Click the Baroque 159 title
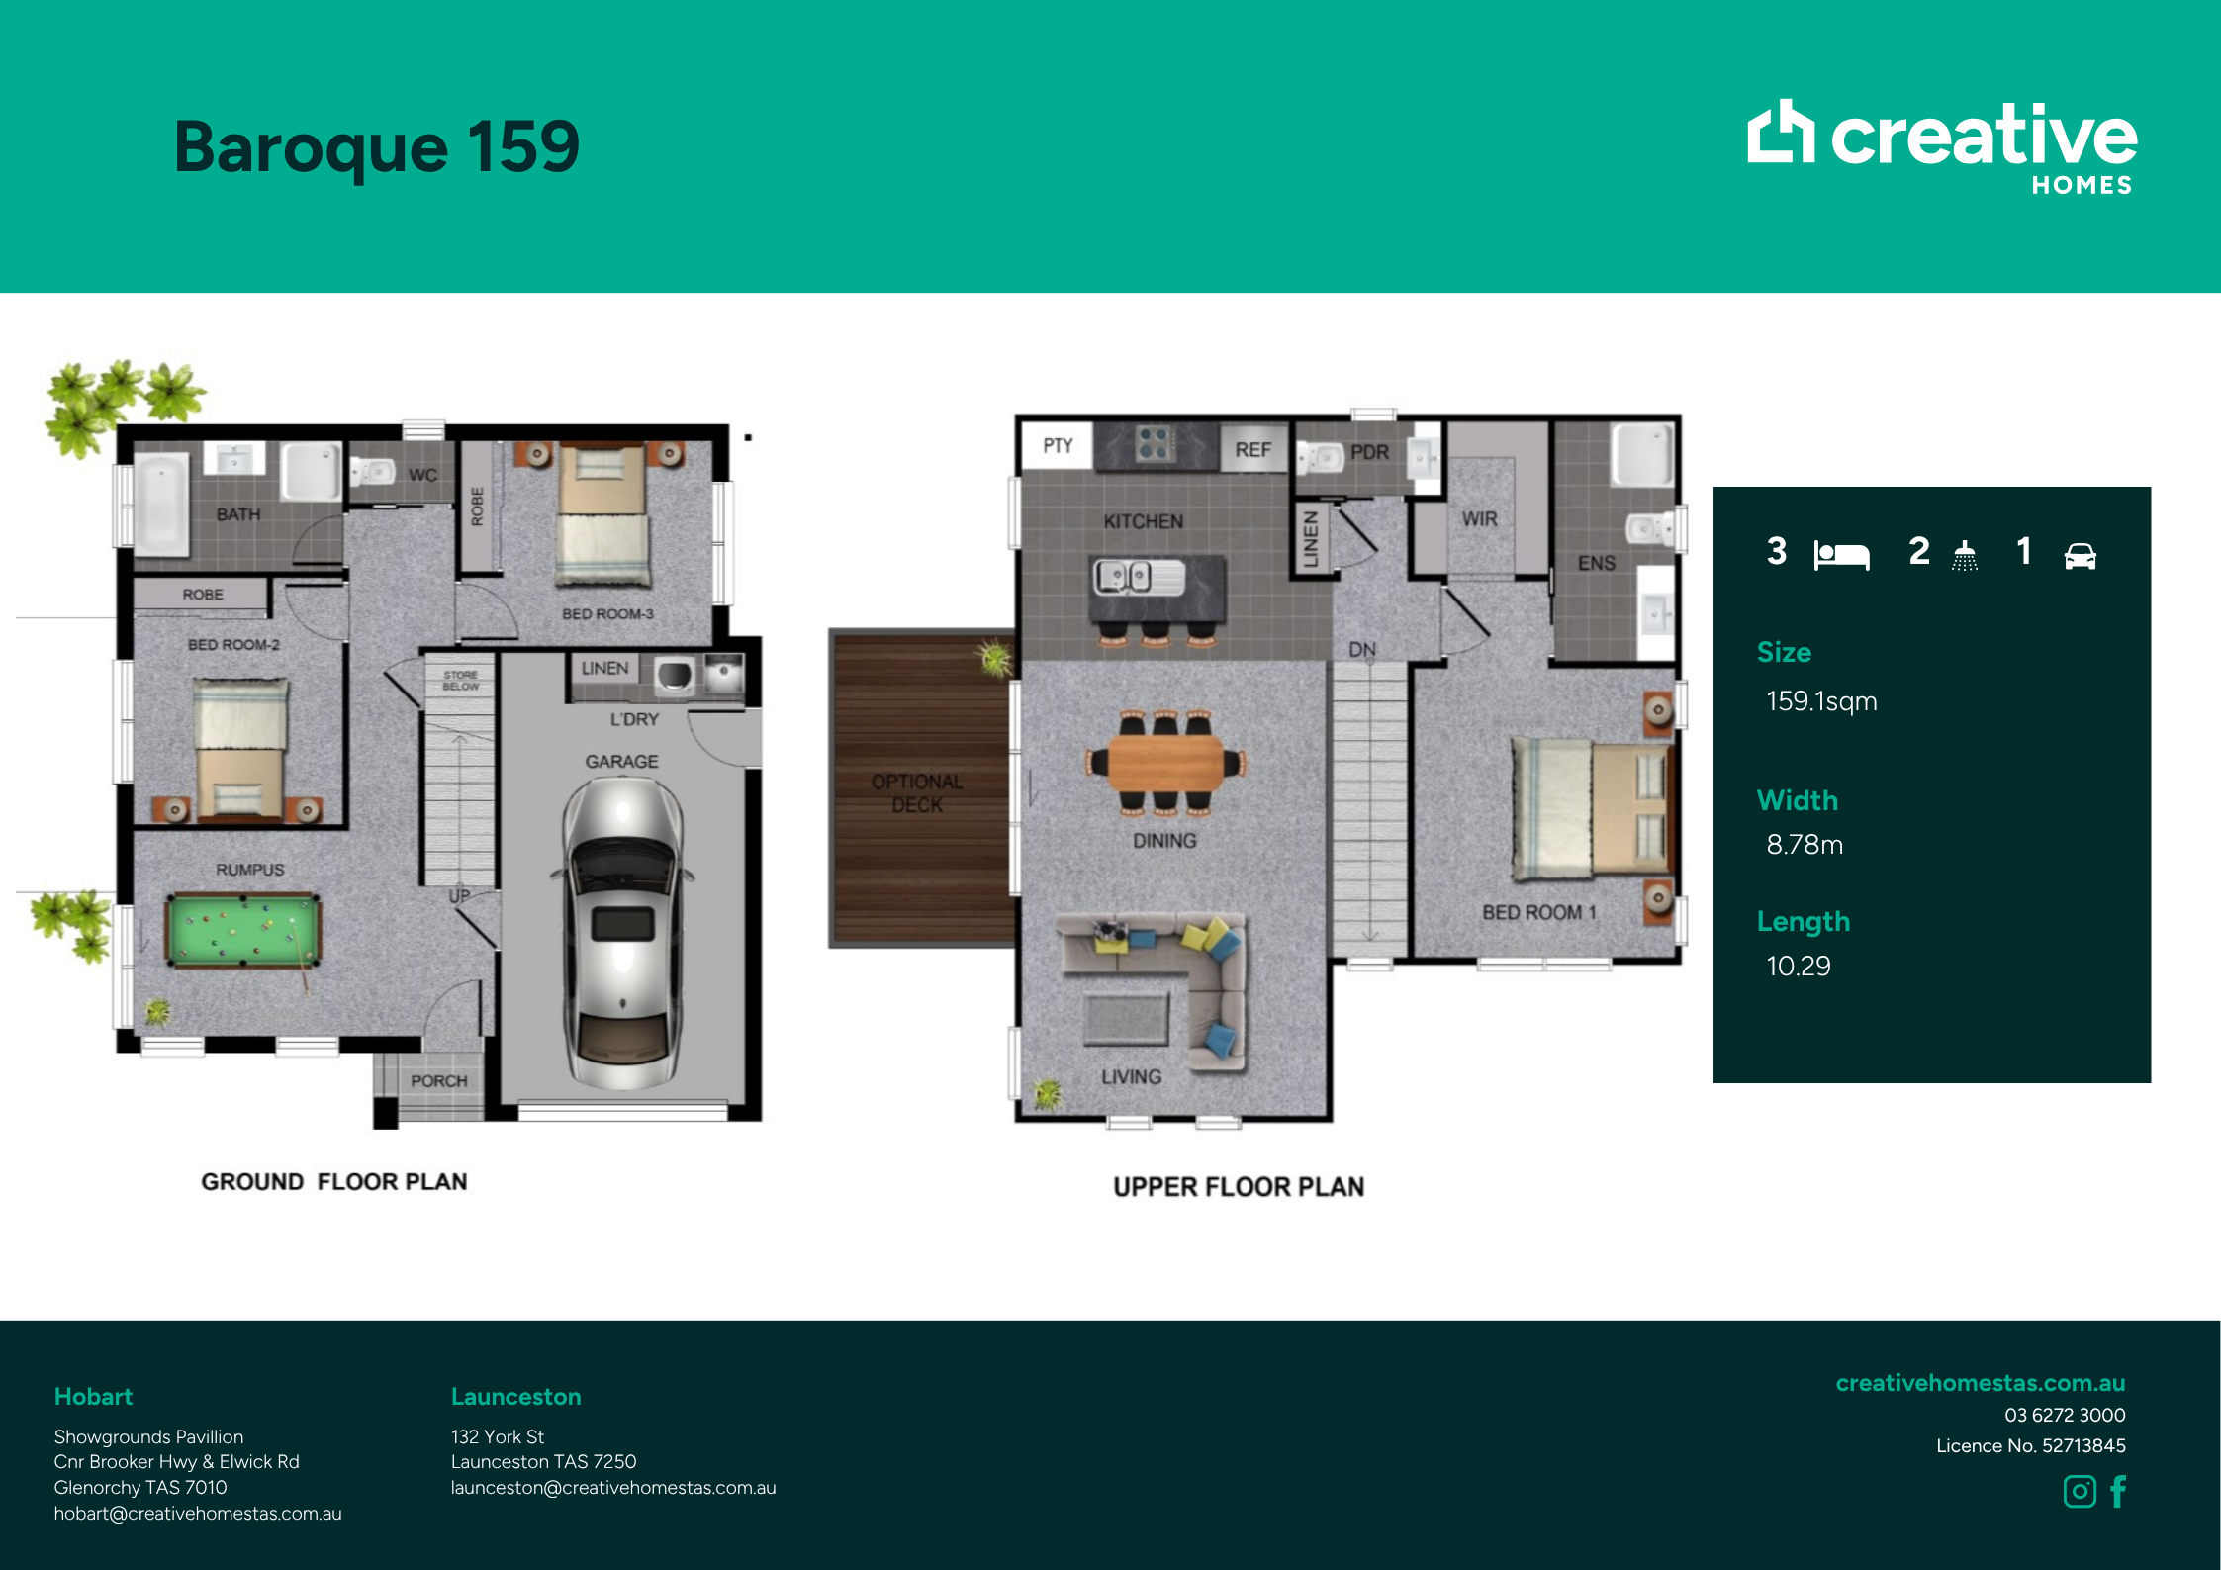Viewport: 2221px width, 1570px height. (377, 146)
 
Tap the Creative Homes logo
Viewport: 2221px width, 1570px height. (1942, 146)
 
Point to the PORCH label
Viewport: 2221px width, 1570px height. (438, 1081)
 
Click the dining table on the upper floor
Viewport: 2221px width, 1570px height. (1165, 763)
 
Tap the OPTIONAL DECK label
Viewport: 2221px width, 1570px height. (917, 793)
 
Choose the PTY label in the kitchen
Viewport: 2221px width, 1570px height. (1058, 446)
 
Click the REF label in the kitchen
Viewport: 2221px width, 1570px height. (1252, 450)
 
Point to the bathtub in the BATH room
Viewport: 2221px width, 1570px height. (161, 505)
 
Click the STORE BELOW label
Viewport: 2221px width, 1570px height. (460, 681)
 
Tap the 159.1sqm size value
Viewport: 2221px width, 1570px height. (1821, 701)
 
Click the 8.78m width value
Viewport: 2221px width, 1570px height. (1805, 845)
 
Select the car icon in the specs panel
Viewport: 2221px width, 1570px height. (2080, 556)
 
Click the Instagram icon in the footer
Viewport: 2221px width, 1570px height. (2080, 1491)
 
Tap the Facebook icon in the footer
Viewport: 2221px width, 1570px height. (2118, 1491)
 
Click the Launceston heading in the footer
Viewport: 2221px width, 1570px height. (515, 1397)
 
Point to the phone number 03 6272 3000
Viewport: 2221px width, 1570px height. (2065, 1415)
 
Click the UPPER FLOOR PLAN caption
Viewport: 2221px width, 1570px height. (1239, 1187)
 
